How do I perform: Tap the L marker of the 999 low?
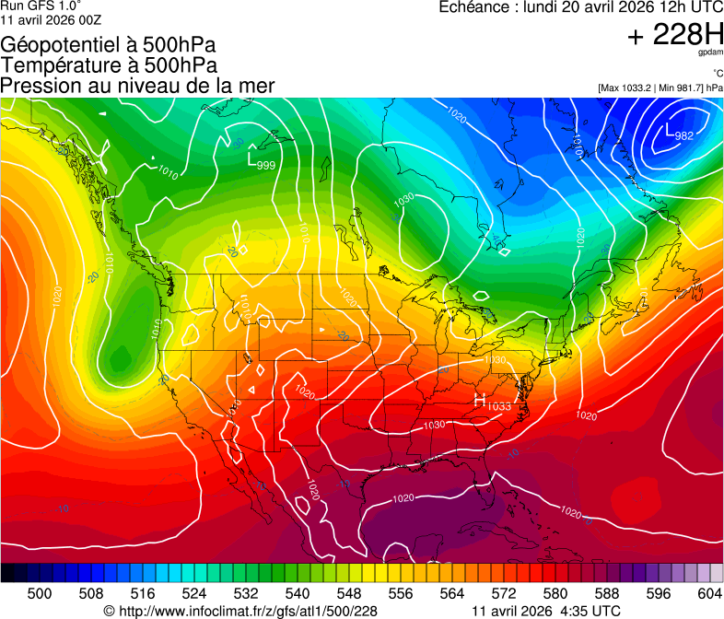pos(252,158)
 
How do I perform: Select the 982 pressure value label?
pos(684,136)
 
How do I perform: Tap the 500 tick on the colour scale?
pos(40,594)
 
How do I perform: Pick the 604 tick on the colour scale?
pos(709,594)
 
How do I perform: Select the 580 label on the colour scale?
pos(555,594)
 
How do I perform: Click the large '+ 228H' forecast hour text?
pos(674,35)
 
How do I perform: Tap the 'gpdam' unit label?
pos(712,54)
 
